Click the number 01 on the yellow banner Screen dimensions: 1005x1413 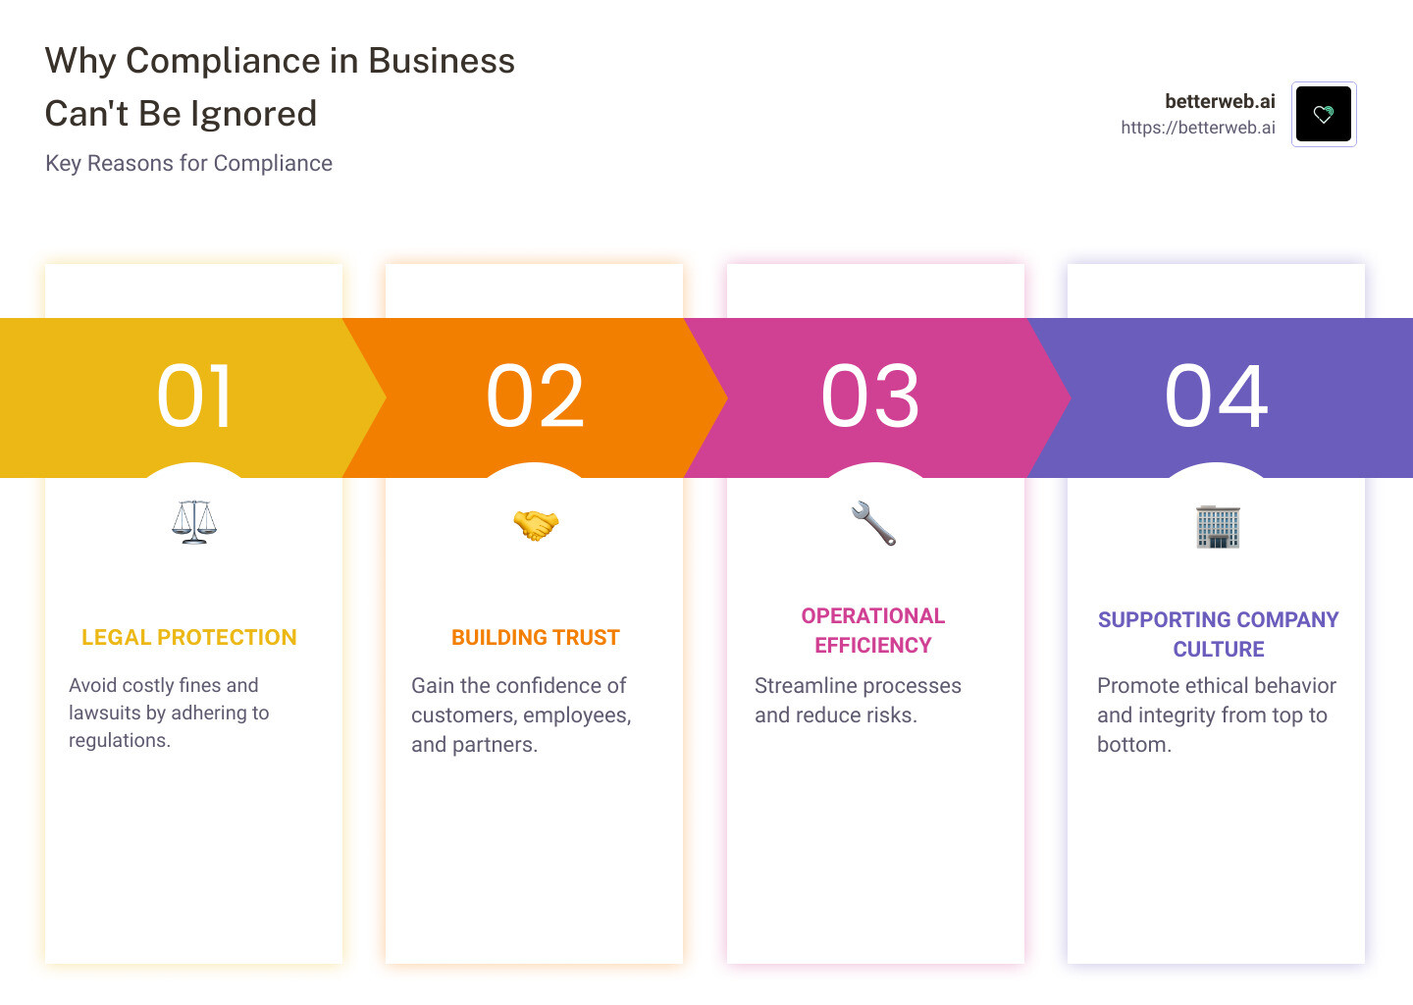point(194,397)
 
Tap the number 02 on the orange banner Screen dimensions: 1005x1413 point(535,397)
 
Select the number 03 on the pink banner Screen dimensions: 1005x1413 point(870,397)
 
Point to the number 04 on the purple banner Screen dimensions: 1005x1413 point(1216,397)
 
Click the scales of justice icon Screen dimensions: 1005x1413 point(194,522)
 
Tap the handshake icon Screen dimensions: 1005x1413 point(536,525)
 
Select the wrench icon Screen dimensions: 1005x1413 point(873,523)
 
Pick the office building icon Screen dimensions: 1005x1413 point(1218,527)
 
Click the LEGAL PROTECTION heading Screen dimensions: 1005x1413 point(189,638)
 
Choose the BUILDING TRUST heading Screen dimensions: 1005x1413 point(536,638)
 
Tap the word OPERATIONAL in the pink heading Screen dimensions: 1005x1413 point(873,616)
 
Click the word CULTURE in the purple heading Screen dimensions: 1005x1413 point(1219,650)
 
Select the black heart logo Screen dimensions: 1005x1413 point(1324,114)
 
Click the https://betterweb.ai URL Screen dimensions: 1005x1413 point(1198,128)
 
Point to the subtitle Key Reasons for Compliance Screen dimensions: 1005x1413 point(188,163)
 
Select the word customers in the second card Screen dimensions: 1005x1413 point(463,715)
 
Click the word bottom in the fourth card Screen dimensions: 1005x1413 point(1131,745)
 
